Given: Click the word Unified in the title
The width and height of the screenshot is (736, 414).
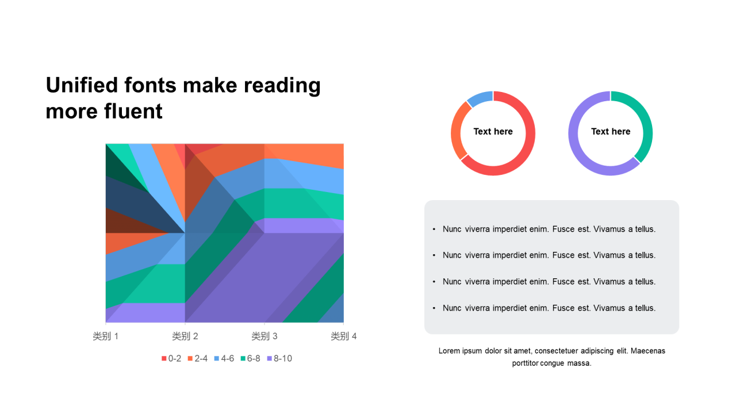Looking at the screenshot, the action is pyautogui.click(x=82, y=86).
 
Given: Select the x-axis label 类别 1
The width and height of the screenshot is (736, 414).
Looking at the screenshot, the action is pyautogui.click(x=105, y=336).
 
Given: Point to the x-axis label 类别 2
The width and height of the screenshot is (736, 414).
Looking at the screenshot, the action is pyautogui.click(x=185, y=336).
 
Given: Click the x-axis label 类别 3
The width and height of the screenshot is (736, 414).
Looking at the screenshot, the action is pyautogui.click(x=264, y=336).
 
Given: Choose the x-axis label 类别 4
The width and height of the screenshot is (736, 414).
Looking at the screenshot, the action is pyautogui.click(x=344, y=336).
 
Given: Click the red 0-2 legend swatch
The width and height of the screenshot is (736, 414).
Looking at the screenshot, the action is pyautogui.click(x=164, y=358).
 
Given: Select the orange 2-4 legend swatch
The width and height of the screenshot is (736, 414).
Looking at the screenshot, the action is pyautogui.click(x=190, y=358).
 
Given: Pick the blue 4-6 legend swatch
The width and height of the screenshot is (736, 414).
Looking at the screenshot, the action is pyautogui.click(x=217, y=358).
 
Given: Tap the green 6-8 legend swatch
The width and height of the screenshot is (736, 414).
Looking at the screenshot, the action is pyautogui.click(x=243, y=358).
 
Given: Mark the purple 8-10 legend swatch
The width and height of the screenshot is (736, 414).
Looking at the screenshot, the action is pyautogui.click(x=270, y=358).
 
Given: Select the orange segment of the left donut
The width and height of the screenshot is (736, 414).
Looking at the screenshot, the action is pyautogui.click(x=457, y=130).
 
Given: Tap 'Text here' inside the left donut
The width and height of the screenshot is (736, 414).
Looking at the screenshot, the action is pyautogui.click(x=493, y=132).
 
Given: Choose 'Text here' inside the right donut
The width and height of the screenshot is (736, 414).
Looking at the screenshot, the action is pyautogui.click(x=611, y=132).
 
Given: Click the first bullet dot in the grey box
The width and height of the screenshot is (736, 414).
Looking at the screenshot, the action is pyautogui.click(x=434, y=229).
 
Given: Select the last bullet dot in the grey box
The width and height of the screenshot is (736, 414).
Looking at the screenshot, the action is pyautogui.click(x=434, y=308).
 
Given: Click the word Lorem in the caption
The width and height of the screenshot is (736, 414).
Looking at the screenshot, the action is pyautogui.click(x=449, y=351).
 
